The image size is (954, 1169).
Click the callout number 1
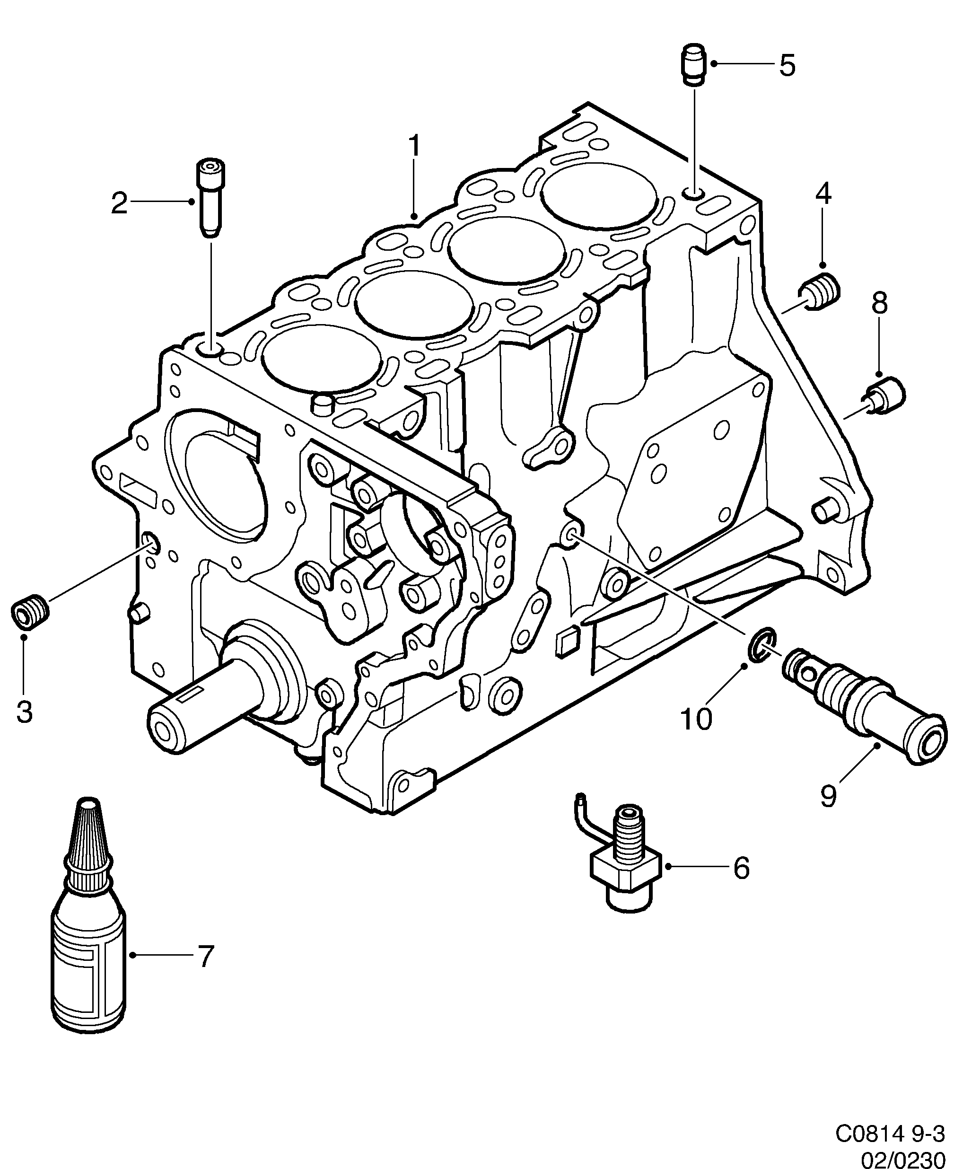pyautogui.click(x=414, y=147)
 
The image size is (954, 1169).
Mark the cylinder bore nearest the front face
pyautogui.click(x=322, y=359)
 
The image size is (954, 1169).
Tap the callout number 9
pyautogui.click(x=829, y=811)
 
